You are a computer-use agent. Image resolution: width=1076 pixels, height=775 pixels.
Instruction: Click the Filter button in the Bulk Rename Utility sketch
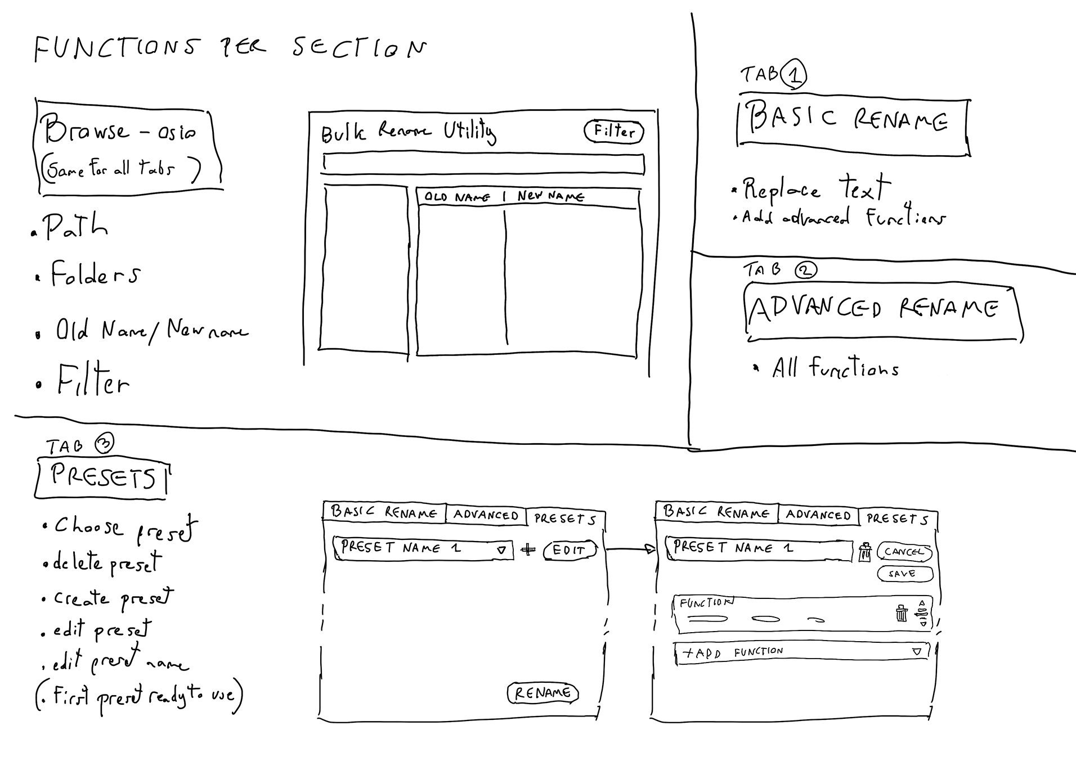click(x=614, y=132)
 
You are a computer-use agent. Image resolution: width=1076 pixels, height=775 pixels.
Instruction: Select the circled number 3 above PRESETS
click(x=104, y=444)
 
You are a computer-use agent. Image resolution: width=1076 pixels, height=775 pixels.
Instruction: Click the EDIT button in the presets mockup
click(x=569, y=550)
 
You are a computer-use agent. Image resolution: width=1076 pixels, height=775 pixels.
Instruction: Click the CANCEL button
click(x=904, y=552)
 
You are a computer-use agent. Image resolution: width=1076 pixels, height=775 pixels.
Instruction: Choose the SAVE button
click(x=904, y=574)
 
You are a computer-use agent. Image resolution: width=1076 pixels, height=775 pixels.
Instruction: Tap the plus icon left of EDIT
click(x=528, y=549)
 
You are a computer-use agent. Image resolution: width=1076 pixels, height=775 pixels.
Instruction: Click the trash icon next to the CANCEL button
click(x=865, y=552)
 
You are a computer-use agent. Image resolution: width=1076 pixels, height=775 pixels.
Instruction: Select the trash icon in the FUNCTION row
click(x=901, y=612)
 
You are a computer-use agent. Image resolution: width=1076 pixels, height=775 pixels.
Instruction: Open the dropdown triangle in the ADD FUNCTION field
click(x=917, y=651)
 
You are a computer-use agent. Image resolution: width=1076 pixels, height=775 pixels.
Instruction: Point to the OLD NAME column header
click(x=457, y=197)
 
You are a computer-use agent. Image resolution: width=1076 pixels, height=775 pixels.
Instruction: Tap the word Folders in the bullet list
click(x=95, y=274)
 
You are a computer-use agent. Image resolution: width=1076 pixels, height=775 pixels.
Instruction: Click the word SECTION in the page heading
click(x=359, y=48)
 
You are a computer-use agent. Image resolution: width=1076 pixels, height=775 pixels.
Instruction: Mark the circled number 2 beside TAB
click(x=805, y=271)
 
